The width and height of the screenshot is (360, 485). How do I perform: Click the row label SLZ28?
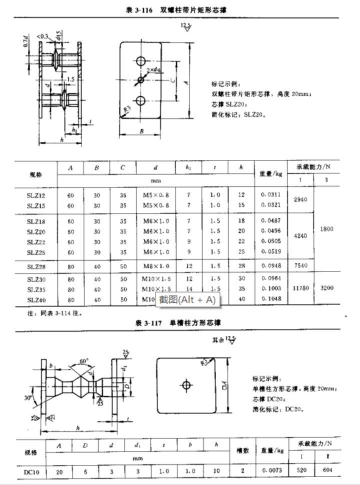coord(36,266)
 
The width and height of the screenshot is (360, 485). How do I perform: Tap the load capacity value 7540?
coord(301,266)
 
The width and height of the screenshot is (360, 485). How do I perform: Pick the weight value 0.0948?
coord(270,266)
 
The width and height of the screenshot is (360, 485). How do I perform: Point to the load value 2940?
coord(301,199)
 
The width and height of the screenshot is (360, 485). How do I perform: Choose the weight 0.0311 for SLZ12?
coord(270,194)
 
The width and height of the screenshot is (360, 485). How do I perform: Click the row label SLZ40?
coord(36,299)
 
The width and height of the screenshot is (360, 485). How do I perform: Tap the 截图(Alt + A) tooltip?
coord(187,299)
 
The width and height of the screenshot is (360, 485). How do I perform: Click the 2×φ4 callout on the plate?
coord(153,69)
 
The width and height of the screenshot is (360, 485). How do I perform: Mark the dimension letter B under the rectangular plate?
coord(141,131)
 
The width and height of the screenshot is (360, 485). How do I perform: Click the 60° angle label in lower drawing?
coord(83,360)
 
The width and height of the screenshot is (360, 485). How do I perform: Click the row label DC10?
coord(31,471)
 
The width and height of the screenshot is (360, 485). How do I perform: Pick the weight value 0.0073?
coord(270,471)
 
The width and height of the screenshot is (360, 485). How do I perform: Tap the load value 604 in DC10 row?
coord(327,471)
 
